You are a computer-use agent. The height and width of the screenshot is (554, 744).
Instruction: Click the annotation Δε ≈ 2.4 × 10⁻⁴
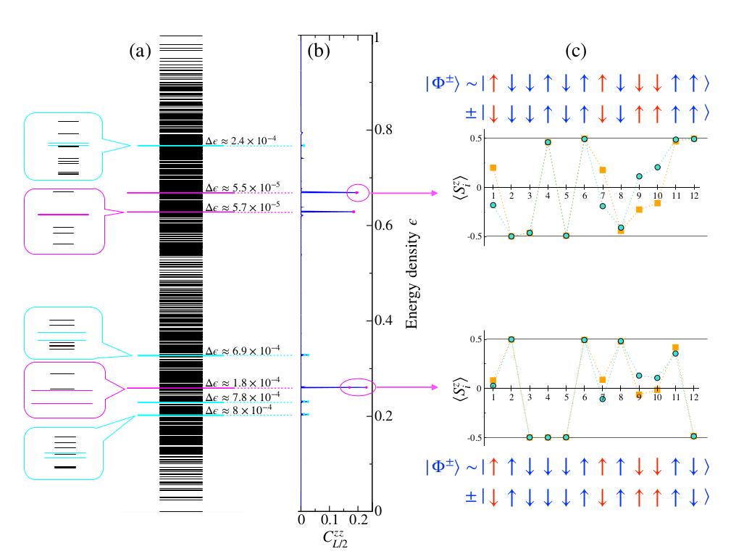click(241, 140)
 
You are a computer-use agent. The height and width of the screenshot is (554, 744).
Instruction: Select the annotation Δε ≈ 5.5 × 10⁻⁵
click(241, 188)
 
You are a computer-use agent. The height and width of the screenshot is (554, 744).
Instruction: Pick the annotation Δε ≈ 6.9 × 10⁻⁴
click(241, 350)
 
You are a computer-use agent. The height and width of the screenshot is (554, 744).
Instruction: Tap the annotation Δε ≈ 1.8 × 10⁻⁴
click(241, 382)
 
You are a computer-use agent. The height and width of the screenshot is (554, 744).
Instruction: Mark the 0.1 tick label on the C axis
click(329, 521)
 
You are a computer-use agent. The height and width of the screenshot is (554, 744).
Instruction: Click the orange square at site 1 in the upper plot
click(493, 168)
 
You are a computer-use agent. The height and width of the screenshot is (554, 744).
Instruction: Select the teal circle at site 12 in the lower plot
click(695, 436)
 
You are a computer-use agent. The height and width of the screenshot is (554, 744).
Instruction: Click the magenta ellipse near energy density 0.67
click(357, 193)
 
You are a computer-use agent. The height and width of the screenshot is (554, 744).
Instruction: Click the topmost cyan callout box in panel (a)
click(63, 146)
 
